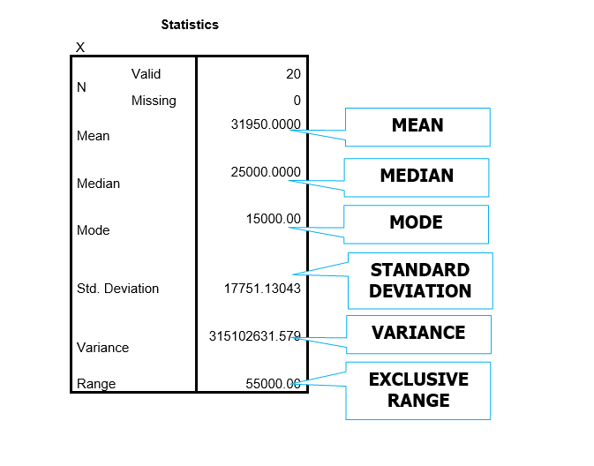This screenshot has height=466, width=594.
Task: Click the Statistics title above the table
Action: click(190, 25)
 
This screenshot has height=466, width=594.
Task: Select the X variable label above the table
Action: click(80, 48)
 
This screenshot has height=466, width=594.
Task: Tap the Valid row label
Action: click(146, 74)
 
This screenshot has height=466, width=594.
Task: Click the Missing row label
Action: click(154, 101)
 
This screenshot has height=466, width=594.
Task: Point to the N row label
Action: click(81, 87)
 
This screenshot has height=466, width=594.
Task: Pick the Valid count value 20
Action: click(293, 74)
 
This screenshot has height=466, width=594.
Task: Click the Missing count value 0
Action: click(297, 101)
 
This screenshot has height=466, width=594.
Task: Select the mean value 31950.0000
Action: click(266, 124)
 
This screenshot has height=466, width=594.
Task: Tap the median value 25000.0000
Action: click(266, 172)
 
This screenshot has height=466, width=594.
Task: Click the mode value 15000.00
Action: click(274, 219)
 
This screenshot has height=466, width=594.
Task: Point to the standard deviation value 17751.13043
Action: click(262, 289)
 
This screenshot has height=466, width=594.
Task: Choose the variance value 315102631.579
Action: click(255, 336)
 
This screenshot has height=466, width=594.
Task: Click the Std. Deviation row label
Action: click(117, 289)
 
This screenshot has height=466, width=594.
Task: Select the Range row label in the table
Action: click(96, 384)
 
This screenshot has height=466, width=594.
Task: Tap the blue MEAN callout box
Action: click(417, 127)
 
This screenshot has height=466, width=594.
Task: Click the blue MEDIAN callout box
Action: click(417, 177)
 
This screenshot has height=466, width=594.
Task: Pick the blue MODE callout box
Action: click(417, 224)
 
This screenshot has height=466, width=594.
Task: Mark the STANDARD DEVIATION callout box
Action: click(420, 281)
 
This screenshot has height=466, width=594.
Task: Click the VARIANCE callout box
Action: click(419, 334)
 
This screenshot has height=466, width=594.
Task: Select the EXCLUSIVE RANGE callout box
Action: click(418, 391)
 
